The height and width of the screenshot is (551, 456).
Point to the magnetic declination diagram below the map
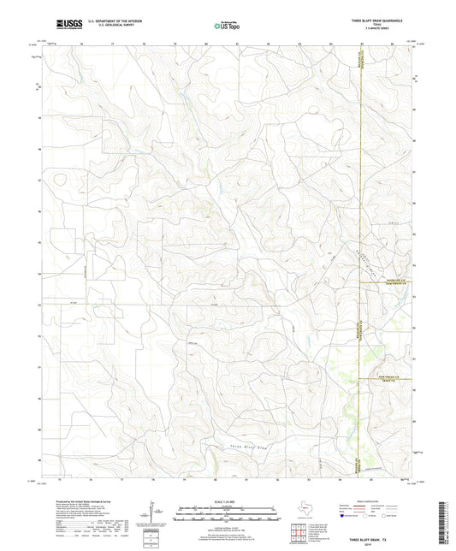coord(152,513)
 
